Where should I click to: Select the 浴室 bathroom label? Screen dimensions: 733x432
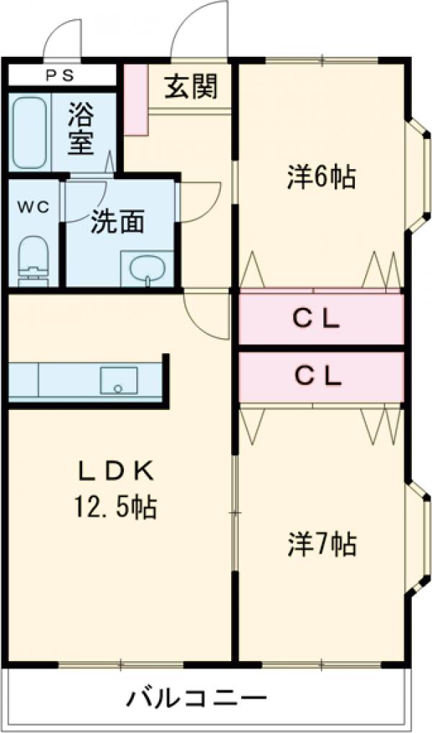click(x=81, y=129)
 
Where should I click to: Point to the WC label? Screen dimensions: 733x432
click(x=32, y=207)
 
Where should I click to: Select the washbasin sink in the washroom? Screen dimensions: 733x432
click(x=148, y=269)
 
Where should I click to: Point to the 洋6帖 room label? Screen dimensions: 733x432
click(x=322, y=176)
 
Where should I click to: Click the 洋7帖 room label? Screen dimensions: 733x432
click(x=322, y=545)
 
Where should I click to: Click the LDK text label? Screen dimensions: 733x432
click(x=117, y=471)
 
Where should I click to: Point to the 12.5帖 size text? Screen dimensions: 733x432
click(x=115, y=509)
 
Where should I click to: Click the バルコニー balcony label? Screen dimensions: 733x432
click(x=198, y=697)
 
